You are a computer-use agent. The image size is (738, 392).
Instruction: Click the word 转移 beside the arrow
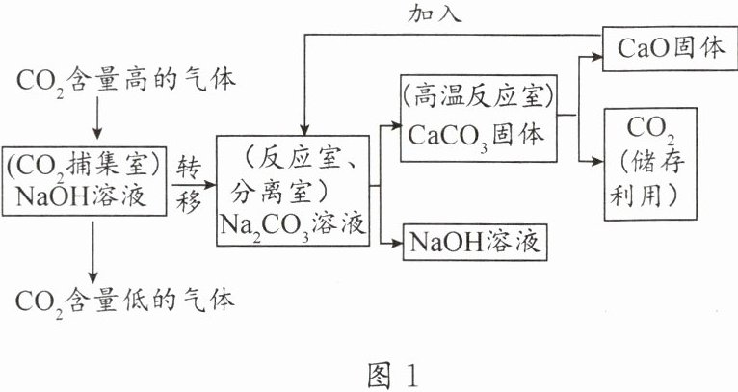(x=188, y=184)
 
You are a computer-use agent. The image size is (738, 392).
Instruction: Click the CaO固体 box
(x=665, y=48)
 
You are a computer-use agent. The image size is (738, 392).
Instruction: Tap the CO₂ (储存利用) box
(x=650, y=163)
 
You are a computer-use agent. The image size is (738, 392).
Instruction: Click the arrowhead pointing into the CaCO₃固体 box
(x=396, y=124)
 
